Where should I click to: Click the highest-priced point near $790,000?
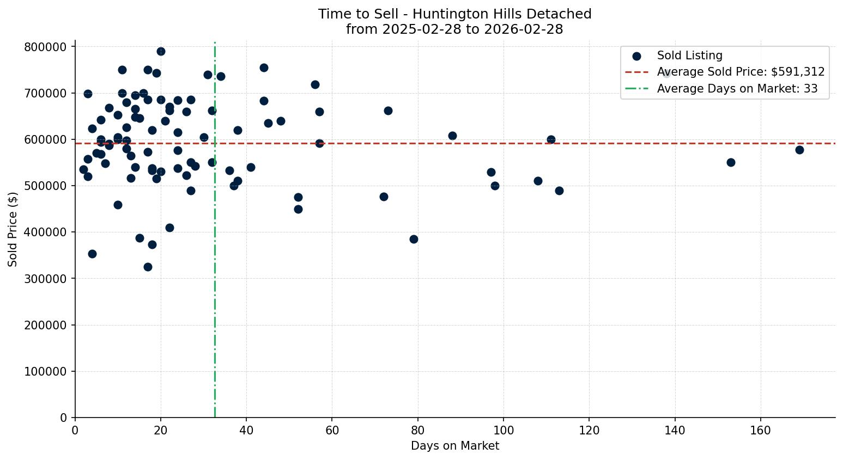coord(161,51)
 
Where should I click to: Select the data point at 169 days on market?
coord(799,150)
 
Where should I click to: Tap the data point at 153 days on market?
coord(731,162)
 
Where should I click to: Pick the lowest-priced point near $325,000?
coord(148,267)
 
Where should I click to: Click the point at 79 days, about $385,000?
coord(414,239)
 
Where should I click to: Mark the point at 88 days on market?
coord(452,136)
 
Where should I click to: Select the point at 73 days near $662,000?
coord(388,111)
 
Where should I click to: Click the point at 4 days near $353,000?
coord(92,254)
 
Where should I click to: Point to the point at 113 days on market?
coord(559,191)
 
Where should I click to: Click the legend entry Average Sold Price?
coord(741,72)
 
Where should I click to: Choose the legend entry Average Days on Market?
coord(737,89)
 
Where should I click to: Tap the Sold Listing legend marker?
coord(636,56)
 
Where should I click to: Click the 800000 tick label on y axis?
coord(46,47)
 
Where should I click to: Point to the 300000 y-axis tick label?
coord(46,279)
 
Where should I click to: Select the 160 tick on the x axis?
coord(761,431)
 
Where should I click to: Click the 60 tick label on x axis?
coord(332,431)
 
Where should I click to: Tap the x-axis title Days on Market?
coord(455,446)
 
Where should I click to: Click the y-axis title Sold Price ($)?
coord(13,229)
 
